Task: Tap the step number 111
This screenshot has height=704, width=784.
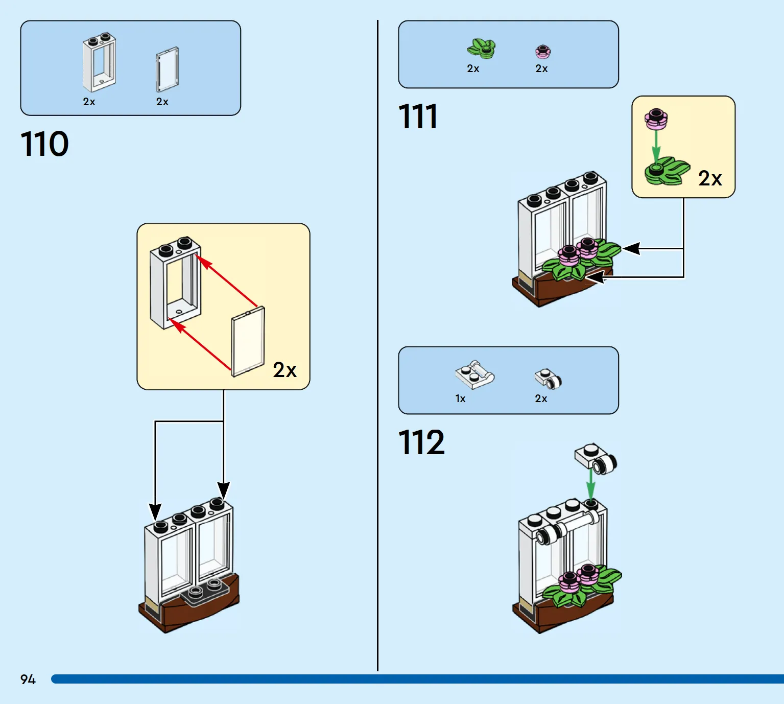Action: [417, 116]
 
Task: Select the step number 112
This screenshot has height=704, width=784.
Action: [421, 442]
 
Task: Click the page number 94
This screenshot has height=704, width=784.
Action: [28, 679]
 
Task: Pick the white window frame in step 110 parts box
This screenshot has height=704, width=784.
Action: [99, 62]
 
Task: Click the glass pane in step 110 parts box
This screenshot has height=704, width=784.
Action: [167, 69]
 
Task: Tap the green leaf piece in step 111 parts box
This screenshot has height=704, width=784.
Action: [481, 49]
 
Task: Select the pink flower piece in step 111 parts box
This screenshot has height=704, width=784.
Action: [542, 51]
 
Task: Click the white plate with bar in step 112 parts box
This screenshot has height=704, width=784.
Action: [474, 374]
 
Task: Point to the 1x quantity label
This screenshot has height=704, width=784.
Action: [460, 398]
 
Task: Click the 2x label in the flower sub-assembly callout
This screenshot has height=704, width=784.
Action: [710, 179]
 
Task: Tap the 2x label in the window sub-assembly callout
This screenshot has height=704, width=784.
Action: [284, 370]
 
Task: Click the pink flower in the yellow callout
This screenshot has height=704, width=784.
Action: [656, 119]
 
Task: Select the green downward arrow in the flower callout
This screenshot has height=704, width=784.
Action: [656, 147]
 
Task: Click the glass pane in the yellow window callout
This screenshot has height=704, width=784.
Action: [248, 341]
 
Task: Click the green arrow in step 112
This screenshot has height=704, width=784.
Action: [591, 484]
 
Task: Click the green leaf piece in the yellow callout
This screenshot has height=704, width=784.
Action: [667, 171]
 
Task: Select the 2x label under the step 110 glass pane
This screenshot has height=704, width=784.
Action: [162, 102]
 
